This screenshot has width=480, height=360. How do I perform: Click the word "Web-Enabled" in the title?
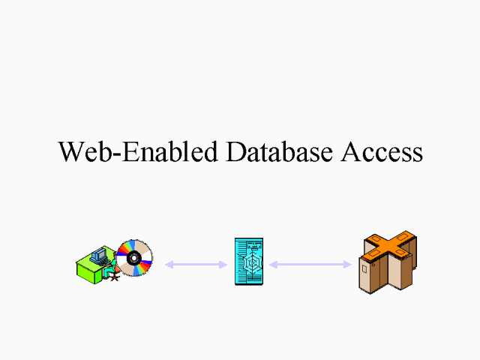[x=139, y=151]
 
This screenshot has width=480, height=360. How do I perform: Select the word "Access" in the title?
[x=382, y=151]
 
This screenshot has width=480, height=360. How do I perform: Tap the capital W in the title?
[x=70, y=151]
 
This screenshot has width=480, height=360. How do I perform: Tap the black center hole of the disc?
[x=135, y=258]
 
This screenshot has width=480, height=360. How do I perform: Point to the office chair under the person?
[x=113, y=277]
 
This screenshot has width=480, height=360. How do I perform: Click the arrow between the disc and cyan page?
[x=196, y=264]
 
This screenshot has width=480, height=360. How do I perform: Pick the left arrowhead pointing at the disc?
[x=169, y=264]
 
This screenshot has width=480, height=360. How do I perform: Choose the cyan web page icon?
[x=249, y=261]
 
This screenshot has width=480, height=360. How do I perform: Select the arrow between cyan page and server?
[x=310, y=264]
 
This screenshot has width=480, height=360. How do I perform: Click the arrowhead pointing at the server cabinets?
[x=347, y=264]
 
